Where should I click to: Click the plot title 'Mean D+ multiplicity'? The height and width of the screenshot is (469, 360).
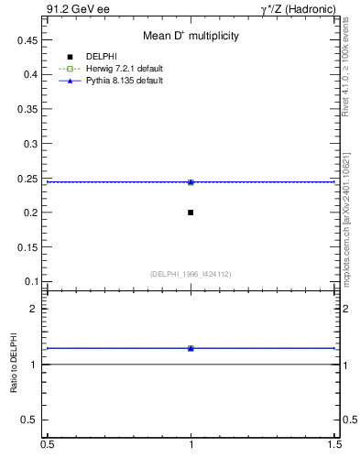[x=191, y=37]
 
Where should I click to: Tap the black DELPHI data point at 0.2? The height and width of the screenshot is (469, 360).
[x=191, y=213]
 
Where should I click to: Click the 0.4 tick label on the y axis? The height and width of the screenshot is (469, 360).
[x=29, y=74]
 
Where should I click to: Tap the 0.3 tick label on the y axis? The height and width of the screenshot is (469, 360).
[x=29, y=144]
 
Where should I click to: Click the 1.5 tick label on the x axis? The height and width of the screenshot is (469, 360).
[x=336, y=445]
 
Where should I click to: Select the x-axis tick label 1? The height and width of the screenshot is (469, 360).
[x=191, y=445]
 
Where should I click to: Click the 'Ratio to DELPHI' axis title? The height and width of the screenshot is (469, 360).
[x=14, y=366]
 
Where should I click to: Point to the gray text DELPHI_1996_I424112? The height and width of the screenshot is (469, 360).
[x=191, y=273]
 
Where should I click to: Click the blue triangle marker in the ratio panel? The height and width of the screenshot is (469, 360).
[x=191, y=348]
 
